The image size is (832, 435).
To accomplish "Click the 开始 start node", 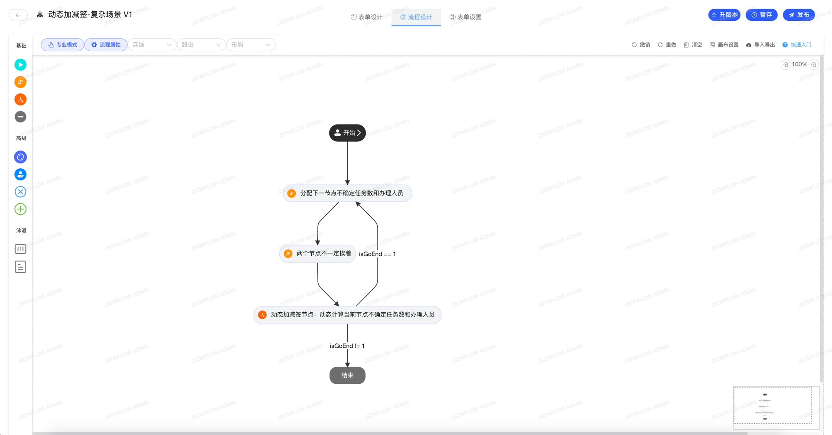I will [347, 133].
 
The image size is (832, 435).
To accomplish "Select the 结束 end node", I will [347, 375].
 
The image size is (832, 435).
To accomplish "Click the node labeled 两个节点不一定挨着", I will [318, 254].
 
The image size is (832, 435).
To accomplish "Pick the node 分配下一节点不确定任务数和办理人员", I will [347, 193].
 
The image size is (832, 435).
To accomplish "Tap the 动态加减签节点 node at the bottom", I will [347, 314].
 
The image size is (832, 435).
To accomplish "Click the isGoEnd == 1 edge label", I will [377, 254].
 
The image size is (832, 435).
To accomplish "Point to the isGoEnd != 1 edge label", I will [347, 346].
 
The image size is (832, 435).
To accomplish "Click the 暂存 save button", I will [761, 15].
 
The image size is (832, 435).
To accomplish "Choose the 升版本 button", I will [724, 15].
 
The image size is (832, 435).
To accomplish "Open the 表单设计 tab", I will [367, 17].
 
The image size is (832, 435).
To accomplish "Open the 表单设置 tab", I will [465, 17].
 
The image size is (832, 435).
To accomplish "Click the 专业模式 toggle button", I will [62, 45].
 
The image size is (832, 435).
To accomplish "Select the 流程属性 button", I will [106, 45].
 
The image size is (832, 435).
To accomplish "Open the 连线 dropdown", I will [152, 45].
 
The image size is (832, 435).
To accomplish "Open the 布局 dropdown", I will [251, 45].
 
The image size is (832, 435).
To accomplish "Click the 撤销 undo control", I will [641, 45].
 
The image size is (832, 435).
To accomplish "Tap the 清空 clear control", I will [693, 45].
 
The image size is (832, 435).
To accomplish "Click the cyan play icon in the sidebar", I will [20, 65].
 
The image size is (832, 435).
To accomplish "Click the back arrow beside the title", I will [18, 15].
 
